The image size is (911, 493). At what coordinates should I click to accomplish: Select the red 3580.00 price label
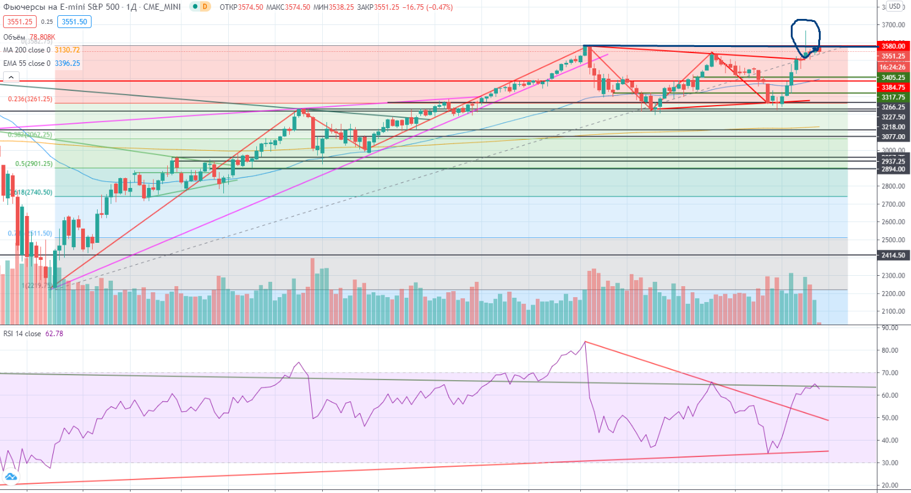[x=893, y=46]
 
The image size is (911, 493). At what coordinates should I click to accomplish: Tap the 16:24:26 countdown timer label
[x=893, y=67]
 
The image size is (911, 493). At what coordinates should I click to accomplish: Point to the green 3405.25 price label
[x=893, y=77]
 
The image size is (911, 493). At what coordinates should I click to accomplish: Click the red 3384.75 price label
[x=893, y=87]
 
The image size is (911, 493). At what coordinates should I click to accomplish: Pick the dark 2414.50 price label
[x=893, y=255]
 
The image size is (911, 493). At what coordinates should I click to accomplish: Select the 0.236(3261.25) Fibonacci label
[x=30, y=99]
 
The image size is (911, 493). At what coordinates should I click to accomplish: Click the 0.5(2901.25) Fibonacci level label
[x=34, y=164]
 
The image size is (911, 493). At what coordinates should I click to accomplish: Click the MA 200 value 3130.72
[x=67, y=49]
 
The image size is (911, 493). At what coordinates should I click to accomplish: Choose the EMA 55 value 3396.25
[x=67, y=63]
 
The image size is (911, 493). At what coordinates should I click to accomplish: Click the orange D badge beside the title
[x=205, y=7]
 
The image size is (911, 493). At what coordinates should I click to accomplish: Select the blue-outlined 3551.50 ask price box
[x=73, y=21]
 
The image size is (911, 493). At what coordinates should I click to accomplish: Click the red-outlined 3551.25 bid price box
[x=19, y=21]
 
